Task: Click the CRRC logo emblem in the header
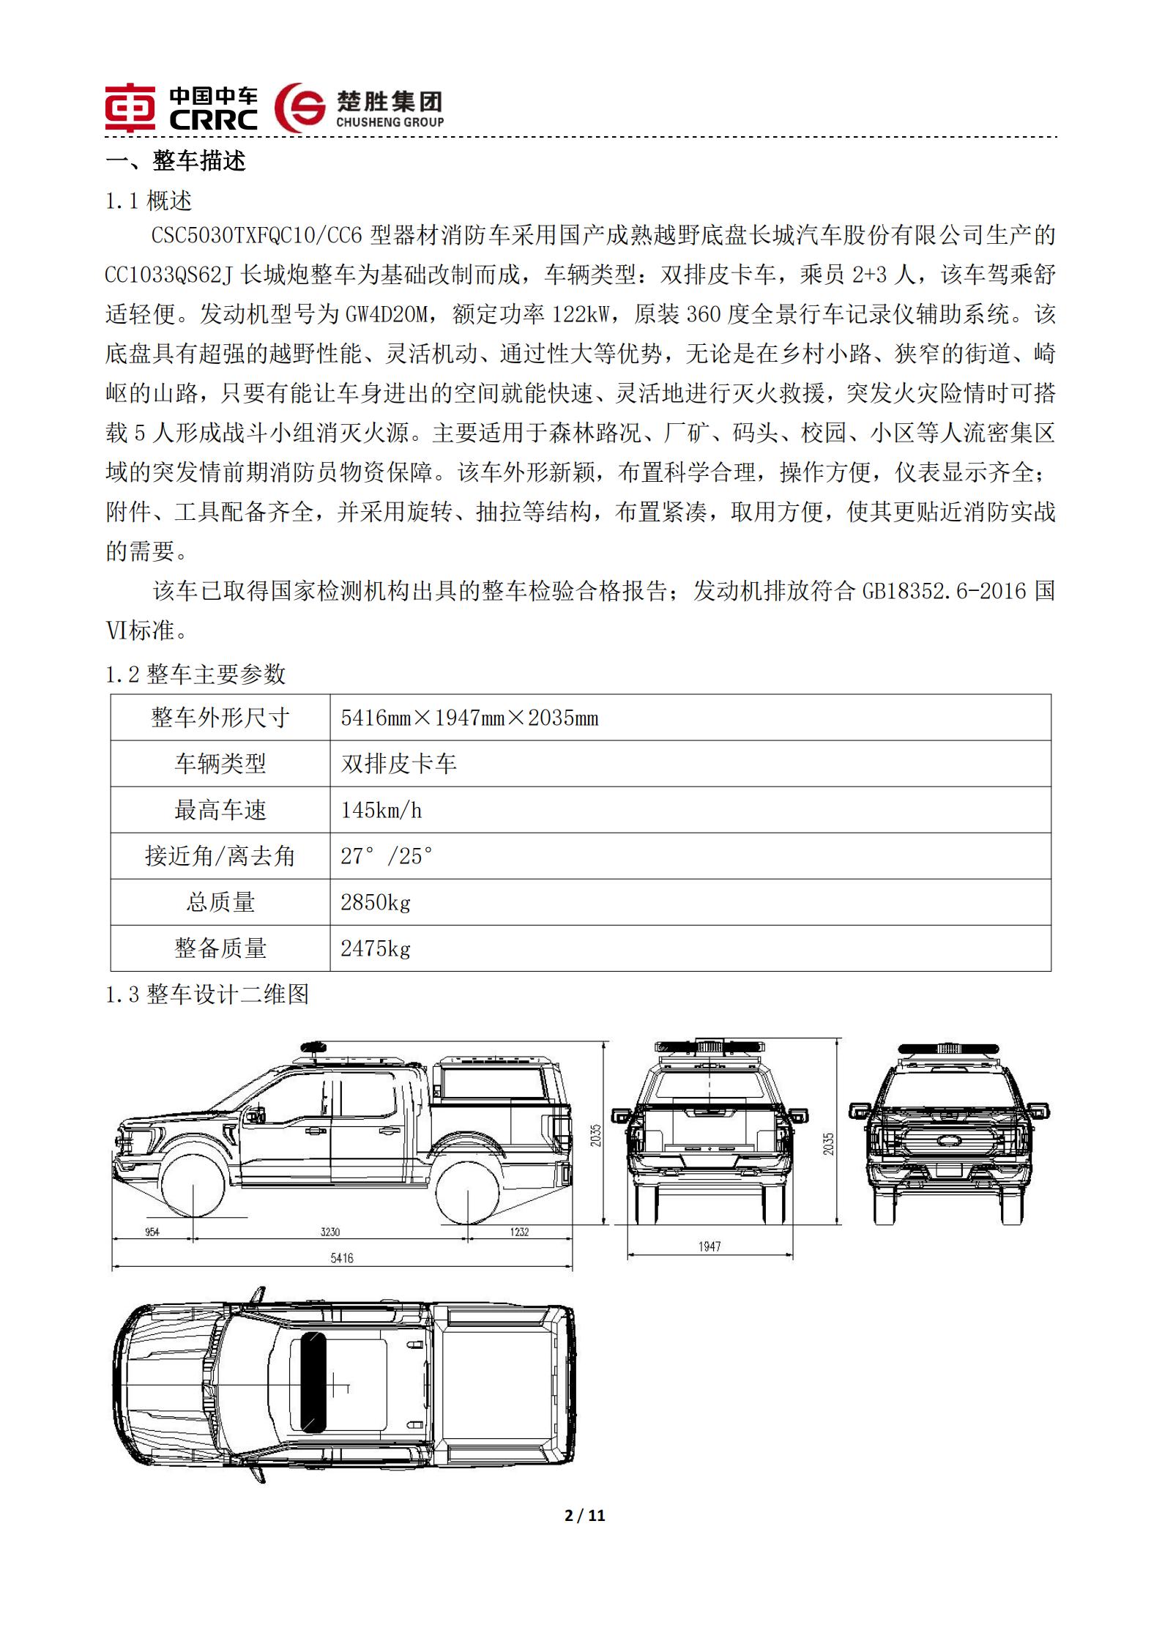(x=130, y=107)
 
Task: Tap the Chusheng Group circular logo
(x=300, y=107)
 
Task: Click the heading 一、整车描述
(x=176, y=161)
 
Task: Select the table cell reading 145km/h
(x=381, y=811)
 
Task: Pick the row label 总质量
(x=220, y=902)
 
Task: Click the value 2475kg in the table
(x=376, y=949)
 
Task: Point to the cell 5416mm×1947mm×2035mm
(x=469, y=718)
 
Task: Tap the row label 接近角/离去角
(x=220, y=856)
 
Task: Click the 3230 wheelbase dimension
(x=330, y=1232)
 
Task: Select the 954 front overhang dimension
(x=152, y=1232)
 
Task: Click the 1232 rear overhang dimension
(x=519, y=1232)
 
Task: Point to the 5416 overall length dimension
(x=342, y=1258)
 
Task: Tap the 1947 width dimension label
(x=710, y=1246)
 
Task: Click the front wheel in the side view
(x=192, y=1191)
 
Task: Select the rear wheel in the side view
(x=468, y=1192)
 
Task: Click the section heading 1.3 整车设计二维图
(x=207, y=994)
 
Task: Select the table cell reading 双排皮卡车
(x=399, y=764)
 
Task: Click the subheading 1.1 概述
(x=149, y=201)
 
